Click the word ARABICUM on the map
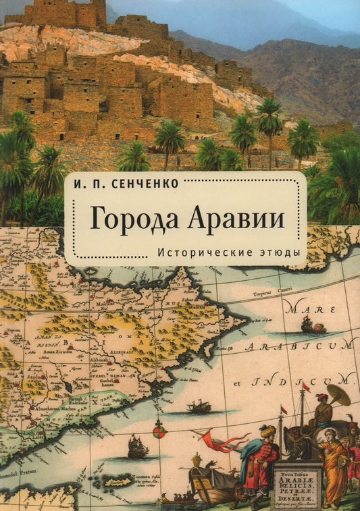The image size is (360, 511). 301,347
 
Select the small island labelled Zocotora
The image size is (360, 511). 116,481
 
